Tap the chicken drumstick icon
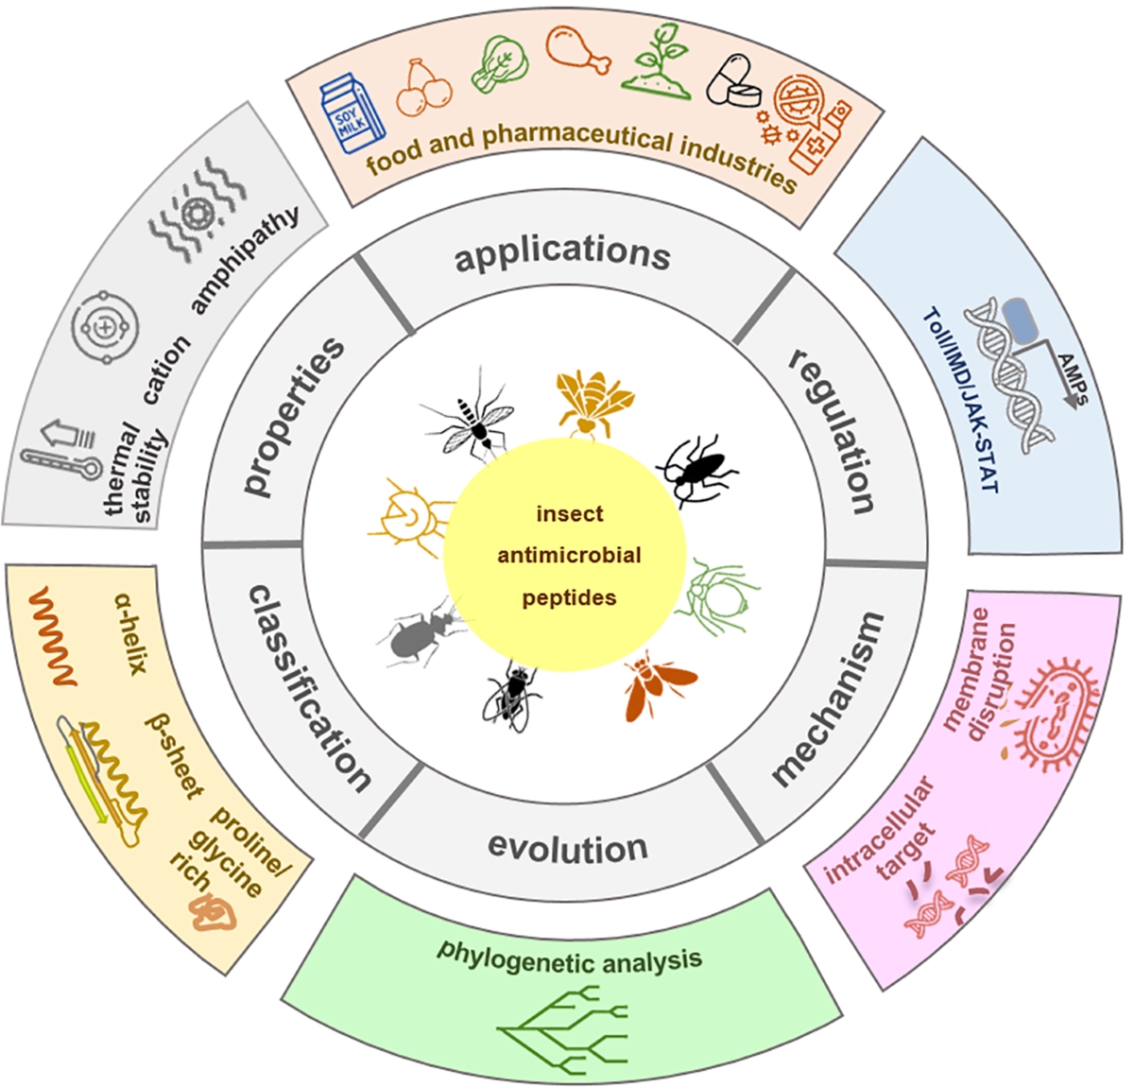coord(577,47)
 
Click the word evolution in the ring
coord(567,847)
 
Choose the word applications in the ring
coord(563,253)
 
